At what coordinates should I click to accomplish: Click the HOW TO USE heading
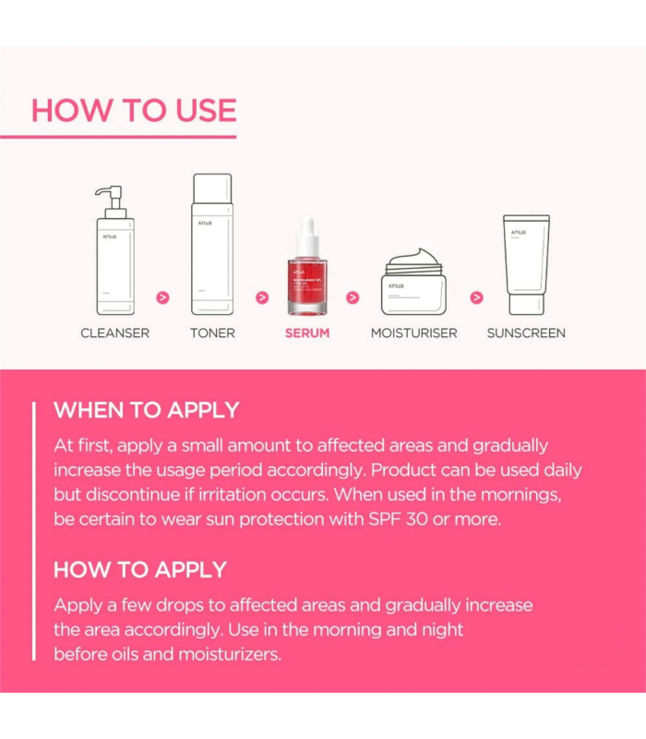[134, 110]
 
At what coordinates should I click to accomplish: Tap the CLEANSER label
[114, 333]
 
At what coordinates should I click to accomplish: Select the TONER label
[212, 333]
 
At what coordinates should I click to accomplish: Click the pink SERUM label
[306, 333]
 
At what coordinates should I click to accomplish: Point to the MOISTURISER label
[413, 333]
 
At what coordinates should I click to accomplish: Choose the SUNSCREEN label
[526, 333]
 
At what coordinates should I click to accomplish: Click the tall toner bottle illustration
[212, 245]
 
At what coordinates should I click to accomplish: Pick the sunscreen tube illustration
[526, 263]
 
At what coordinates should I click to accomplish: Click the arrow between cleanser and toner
[163, 297]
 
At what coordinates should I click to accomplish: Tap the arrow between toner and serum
[262, 297]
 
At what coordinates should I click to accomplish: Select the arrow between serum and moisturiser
[353, 297]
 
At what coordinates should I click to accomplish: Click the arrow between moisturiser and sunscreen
[476, 297]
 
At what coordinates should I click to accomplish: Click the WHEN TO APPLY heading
[146, 410]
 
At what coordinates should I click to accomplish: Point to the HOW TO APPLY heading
[140, 569]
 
